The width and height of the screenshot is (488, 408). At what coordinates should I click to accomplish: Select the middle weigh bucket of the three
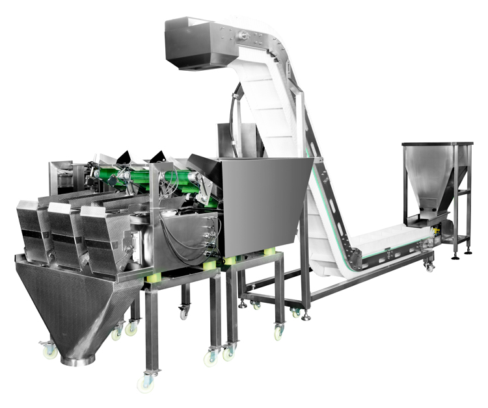click(63, 237)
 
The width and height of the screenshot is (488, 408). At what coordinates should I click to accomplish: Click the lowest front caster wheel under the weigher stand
click(146, 383)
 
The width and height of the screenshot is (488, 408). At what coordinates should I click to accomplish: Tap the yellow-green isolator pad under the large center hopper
click(269, 251)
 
